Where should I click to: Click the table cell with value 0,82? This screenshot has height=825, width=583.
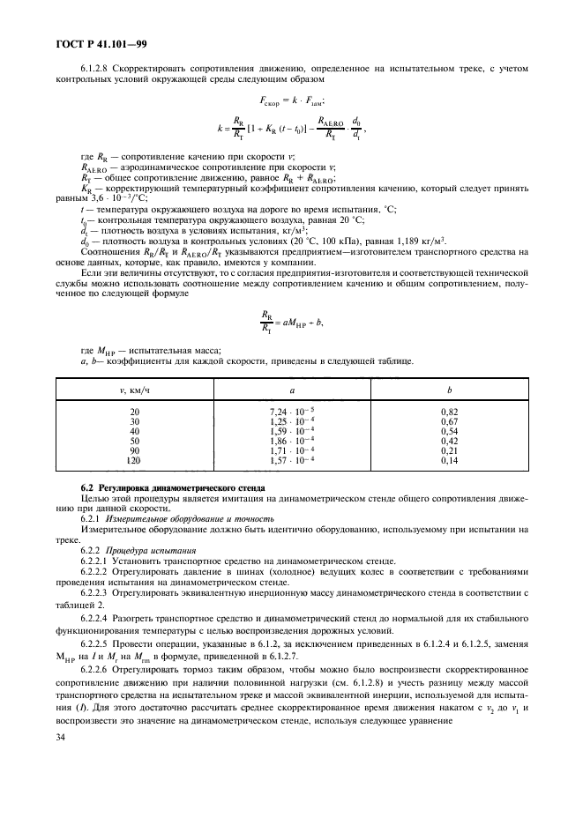pyautogui.click(x=449, y=412)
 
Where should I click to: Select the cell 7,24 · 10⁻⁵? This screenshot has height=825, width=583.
pyautogui.click(x=291, y=412)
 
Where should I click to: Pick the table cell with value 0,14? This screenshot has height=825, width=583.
pyautogui.click(x=449, y=460)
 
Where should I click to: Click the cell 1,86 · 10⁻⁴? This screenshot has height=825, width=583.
pyautogui.click(x=291, y=441)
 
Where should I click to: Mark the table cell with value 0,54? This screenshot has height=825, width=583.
pyautogui.click(x=449, y=431)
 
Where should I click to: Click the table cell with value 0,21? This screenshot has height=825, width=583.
pyautogui.click(x=449, y=450)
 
